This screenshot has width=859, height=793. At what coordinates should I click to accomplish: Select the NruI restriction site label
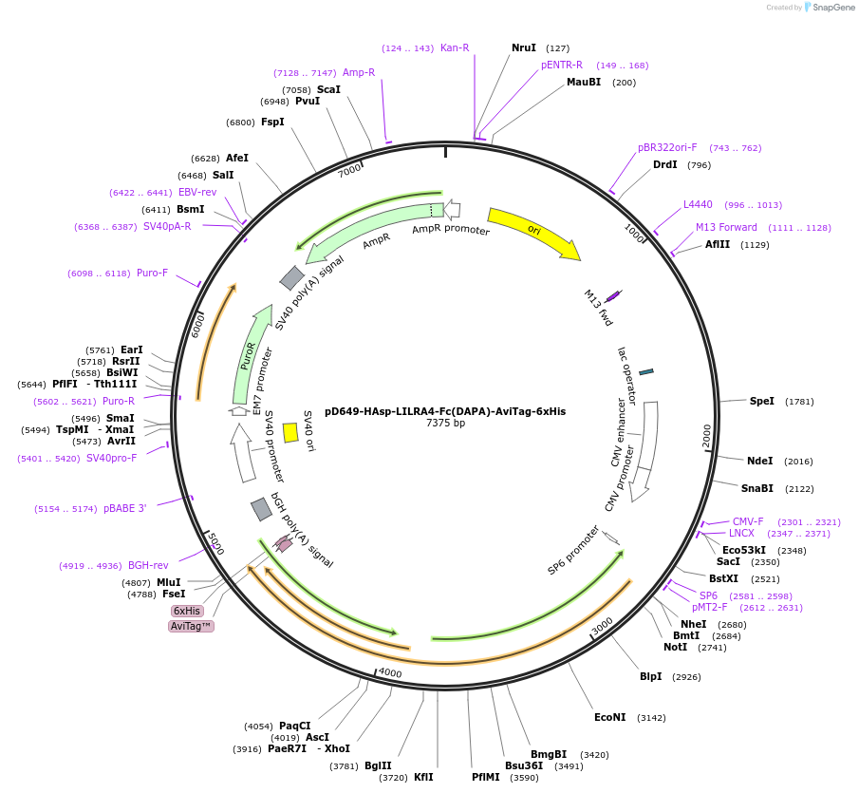(x=523, y=47)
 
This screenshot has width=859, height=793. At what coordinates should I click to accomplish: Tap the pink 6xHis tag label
(x=186, y=611)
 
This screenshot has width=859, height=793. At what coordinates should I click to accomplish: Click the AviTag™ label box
(x=191, y=626)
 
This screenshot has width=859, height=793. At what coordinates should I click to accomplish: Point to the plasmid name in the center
(x=444, y=411)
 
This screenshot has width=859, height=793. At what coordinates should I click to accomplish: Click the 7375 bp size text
(x=445, y=424)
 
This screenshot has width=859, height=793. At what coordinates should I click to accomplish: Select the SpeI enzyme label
(x=761, y=401)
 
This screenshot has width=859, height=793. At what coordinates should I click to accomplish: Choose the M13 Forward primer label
(x=726, y=227)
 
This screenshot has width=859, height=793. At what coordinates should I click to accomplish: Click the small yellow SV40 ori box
(x=290, y=432)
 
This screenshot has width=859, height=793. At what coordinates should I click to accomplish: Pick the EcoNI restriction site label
(x=609, y=717)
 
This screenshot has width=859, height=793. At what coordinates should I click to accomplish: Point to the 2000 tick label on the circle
(x=707, y=436)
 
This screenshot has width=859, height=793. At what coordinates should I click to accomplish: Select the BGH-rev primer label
(x=148, y=565)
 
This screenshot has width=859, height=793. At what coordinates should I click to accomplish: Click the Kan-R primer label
(x=455, y=47)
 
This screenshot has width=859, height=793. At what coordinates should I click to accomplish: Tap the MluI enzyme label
(x=168, y=582)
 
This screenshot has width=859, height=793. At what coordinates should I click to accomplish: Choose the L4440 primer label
(x=698, y=204)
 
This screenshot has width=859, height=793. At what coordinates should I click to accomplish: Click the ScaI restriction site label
(x=328, y=89)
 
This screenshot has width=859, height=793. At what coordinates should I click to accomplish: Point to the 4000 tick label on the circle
(x=390, y=673)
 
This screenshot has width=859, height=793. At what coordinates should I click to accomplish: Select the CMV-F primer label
(x=748, y=521)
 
